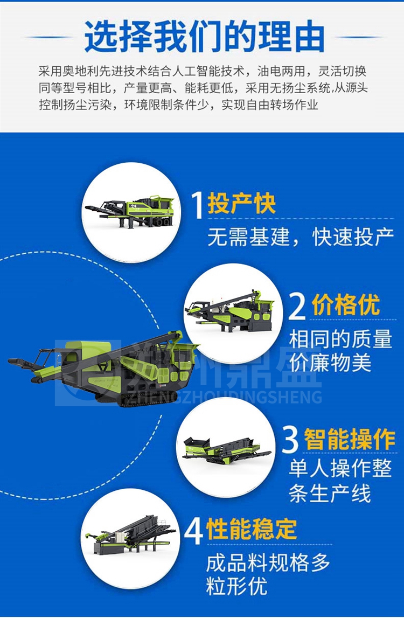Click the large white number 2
coord(297,306)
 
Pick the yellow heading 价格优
coord(346,304)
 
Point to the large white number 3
coord(290,440)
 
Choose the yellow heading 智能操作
coord(350,439)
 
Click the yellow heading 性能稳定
coord(252,529)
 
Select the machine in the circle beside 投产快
coord(130,211)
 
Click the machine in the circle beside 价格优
coord(230,311)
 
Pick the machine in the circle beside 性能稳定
coord(130,534)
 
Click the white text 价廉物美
coord(330,363)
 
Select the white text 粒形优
coord(236,586)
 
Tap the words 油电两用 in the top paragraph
coord(281,71)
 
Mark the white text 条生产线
coord(330,494)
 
